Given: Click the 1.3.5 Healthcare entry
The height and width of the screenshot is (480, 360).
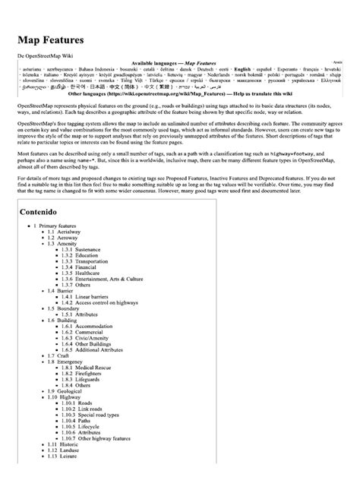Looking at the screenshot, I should click(84, 286).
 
